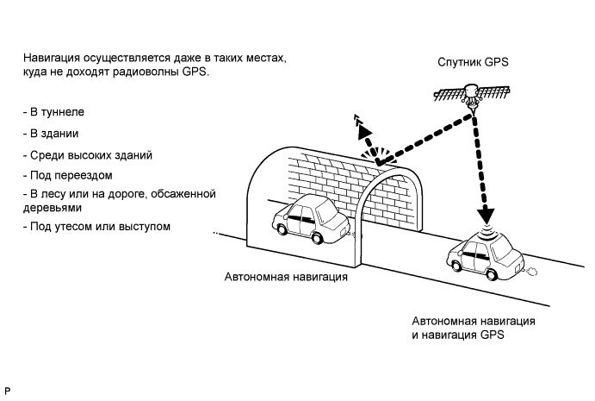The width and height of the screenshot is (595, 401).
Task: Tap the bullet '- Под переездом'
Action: coord(69,175)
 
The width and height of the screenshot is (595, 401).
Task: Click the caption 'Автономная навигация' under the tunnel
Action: coord(287,278)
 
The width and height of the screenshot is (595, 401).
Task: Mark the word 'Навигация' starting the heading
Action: coord(54,58)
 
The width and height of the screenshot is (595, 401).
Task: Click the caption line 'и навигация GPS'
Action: coord(457,334)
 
